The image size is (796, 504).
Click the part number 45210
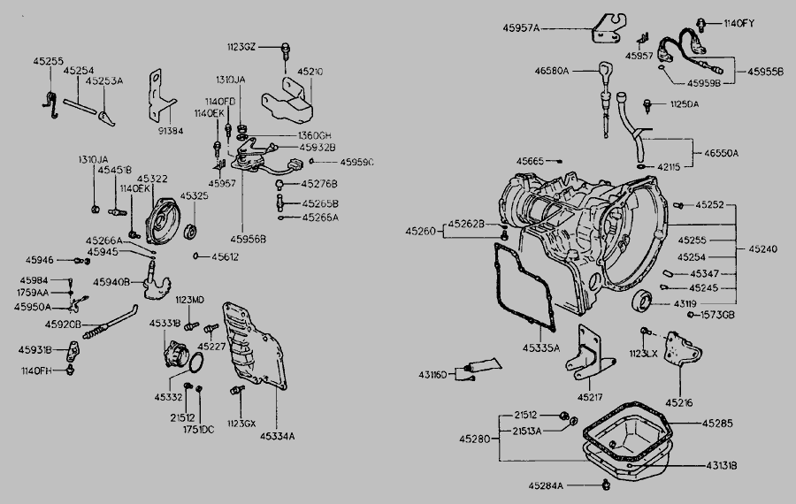[310, 71]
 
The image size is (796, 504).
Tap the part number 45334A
[275, 435]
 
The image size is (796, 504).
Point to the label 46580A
[552, 71]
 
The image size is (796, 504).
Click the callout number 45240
[762, 250]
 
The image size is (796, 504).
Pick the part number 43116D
[440, 374]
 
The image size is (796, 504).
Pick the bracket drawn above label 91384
[160, 95]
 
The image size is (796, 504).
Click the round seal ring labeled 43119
[641, 301]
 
